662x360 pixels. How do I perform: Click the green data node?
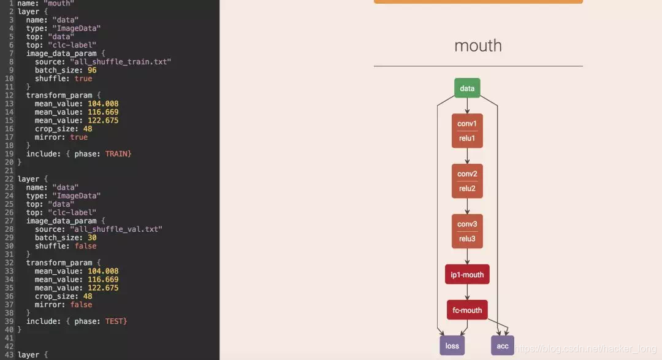pos(467,88)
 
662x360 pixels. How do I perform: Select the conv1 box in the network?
pos(467,123)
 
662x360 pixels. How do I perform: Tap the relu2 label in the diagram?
pos(467,188)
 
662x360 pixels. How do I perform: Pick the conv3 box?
pos(467,224)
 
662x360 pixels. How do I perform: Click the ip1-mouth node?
pos(467,275)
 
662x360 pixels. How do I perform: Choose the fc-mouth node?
pos(467,310)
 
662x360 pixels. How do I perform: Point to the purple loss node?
pos(452,346)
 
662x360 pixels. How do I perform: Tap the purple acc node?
pos(503,346)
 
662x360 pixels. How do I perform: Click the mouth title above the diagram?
pos(478,45)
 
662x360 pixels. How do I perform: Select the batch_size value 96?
pos(92,71)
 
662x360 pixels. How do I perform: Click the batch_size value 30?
pos(92,237)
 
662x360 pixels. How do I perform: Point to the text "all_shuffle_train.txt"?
pos(120,62)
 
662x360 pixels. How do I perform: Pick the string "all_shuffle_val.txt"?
pos(116,229)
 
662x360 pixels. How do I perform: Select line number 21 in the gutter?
pos(8,170)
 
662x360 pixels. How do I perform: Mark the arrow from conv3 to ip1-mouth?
pos(467,256)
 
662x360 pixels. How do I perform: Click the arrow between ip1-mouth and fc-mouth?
pos(467,293)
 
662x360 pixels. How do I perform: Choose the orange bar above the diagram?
pos(478,2)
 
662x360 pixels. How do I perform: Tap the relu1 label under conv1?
pos(467,138)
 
